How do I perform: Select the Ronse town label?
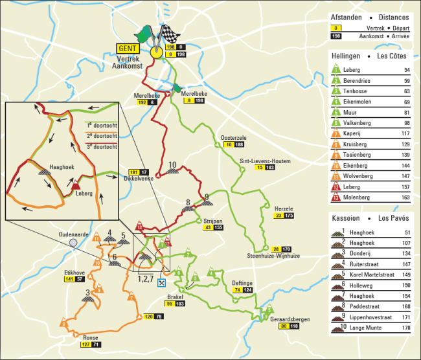point(91,337)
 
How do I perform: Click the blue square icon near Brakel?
point(162,282)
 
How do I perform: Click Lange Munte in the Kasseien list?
point(363,328)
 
